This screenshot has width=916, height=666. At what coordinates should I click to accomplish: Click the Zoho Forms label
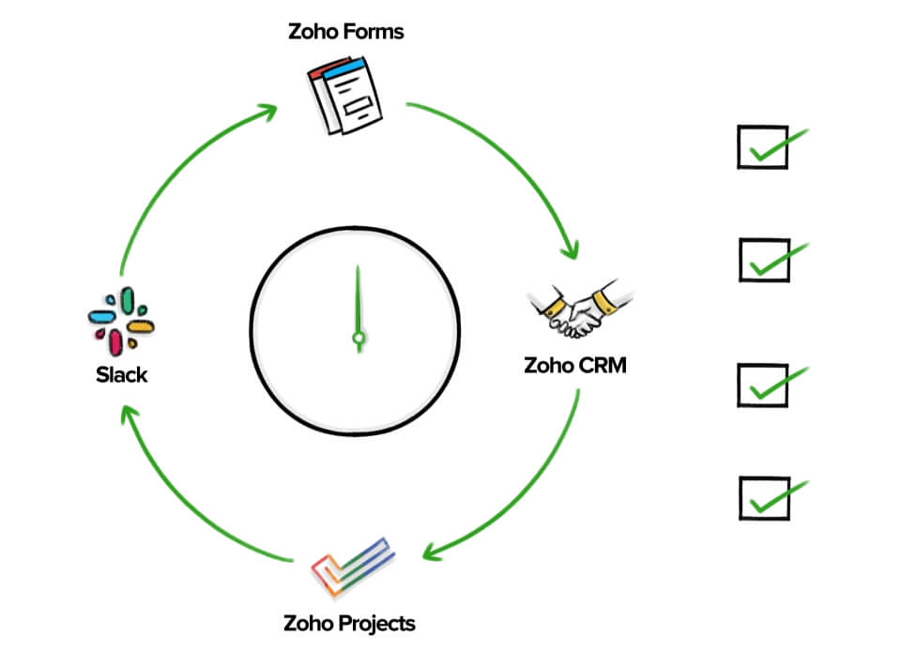pos(345,32)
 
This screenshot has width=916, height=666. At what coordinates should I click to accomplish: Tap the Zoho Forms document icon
pos(344,95)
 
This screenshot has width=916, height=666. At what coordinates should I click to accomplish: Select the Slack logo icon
pos(121,321)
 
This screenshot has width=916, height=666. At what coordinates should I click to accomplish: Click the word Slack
pos(121,374)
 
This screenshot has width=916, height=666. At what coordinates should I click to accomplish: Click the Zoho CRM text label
pos(575,366)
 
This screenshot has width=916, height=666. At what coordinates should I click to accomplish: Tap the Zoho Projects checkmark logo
pos(353,567)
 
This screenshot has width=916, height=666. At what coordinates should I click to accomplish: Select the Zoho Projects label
pos(349,624)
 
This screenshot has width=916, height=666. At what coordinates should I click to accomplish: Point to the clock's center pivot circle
pos(359,338)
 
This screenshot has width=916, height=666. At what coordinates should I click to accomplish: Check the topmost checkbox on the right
pos(763,147)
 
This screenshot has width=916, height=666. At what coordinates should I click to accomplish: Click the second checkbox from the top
pos(764,261)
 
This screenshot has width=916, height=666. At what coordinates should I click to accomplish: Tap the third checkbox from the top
pos(763,386)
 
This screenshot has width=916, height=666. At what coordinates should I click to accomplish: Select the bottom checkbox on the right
pos(764,498)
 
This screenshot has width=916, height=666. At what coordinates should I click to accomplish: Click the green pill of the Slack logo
pos(128,300)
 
